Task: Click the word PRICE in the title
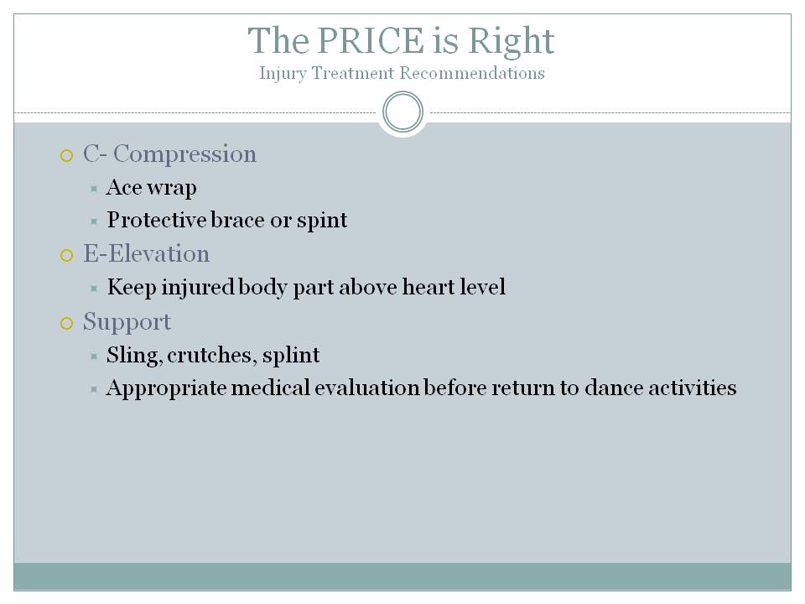click(x=363, y=40)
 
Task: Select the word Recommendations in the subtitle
click(x=473, y=74)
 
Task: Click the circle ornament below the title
click(x=402, y=112)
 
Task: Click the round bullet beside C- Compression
click(x=67, y=155)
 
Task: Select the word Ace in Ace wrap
click(x=124, y=187)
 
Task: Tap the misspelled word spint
click(x=323, y=221)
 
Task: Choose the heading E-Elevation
click(x=146, y=254)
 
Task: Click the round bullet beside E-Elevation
click(x=67, y=256)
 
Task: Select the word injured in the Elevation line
click(x=185, y=288)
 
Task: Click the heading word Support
click(x=127, y=322)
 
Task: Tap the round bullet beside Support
click(x=67, y=323)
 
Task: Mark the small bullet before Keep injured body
click(x=95, y=288)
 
